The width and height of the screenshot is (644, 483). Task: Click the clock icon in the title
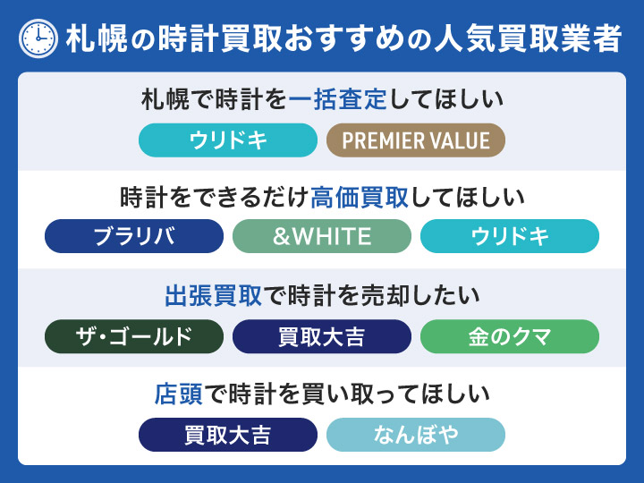[x=38, y=38]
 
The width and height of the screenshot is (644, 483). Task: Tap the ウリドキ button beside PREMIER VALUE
[x=228, y=140]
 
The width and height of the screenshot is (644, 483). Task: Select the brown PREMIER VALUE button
[x=416, y=140]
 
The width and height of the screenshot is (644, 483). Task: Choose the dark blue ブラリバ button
[x=134, y=236]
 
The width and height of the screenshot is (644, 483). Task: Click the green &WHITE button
[x=322, y=236]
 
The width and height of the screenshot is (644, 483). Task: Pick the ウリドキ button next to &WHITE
[x=510, y=236]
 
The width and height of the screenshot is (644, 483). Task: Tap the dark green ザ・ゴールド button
[x=134, y=336]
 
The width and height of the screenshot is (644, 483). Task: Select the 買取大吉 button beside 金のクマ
[x=322, y=336]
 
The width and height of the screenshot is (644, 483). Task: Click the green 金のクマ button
[x=510, y=336]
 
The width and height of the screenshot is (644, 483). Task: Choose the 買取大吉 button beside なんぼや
[x=228, y=435]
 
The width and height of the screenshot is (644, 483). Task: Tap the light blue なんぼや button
[x=416, y=435]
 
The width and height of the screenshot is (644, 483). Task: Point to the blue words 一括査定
[x=337, y=99]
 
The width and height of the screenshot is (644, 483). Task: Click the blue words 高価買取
[x=359, y=198]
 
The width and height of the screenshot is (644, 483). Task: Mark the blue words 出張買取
[x=213, y=296]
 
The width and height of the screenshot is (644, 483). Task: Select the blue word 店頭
[x=178, y=394]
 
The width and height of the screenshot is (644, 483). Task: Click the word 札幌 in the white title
[x=97, y=38]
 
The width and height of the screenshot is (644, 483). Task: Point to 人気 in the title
[x=465, y=38]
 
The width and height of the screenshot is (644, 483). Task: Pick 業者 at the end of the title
[x=589, y=38]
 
